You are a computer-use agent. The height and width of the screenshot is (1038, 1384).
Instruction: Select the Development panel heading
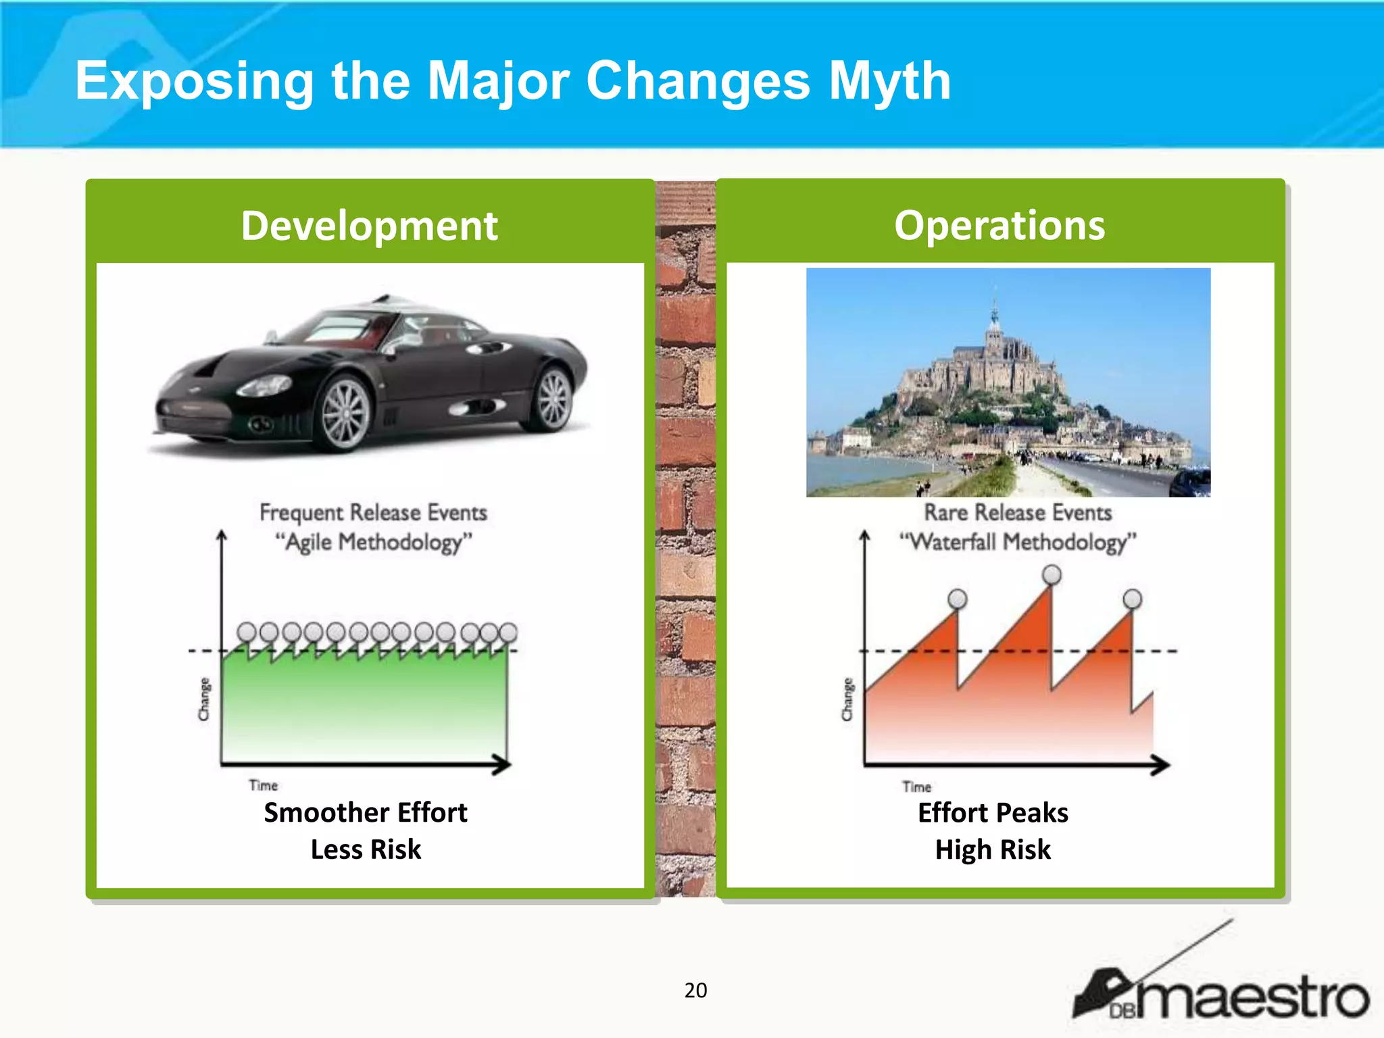(x=369, y=226)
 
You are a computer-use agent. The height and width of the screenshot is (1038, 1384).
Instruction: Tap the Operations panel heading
(x=999, y=226)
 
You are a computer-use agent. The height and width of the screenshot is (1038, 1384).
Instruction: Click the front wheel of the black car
(x=345, y=412)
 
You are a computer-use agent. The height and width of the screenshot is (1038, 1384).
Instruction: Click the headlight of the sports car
(x=264, y=386)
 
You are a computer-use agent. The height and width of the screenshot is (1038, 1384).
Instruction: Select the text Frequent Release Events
(x=373, y=512)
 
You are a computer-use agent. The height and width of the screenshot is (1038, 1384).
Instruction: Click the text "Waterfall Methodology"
(x=1017, y=542)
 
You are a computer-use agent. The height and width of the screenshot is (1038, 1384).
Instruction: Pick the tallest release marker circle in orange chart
(x=1052, y=575)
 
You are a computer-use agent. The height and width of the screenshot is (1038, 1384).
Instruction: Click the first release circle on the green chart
(x=247, y=633)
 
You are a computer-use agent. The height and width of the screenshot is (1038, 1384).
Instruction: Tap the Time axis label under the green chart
(x=263, y=785)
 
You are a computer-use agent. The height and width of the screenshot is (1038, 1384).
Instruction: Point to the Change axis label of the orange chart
(x=847, y=699)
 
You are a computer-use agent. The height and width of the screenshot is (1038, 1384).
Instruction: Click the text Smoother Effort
(x=365, y=812)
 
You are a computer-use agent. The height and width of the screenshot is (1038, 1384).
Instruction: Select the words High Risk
(x=993, y=849)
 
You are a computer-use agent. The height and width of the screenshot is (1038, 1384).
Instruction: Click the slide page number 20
(x=695, y=990)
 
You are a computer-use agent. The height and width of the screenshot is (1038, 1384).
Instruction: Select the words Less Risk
(x=366, y=849)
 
